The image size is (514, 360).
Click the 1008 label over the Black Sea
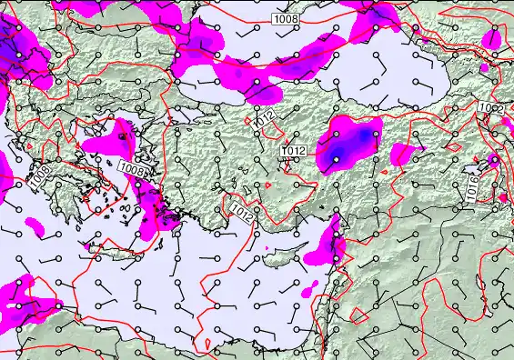(285, 18)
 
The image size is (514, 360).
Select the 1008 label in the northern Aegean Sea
(132, 168)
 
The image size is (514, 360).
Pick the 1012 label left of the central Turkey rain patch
(294, 151)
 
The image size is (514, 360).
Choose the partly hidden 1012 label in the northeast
(491, 109)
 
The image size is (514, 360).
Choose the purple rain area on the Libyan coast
(27, 305)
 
